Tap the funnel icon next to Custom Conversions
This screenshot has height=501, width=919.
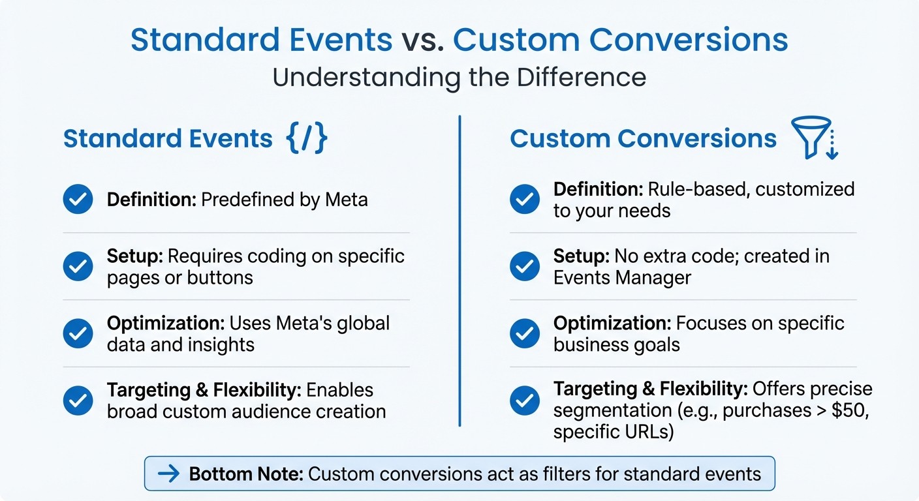813,138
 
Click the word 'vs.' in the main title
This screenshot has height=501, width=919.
422,40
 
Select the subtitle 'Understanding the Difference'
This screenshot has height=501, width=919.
459,77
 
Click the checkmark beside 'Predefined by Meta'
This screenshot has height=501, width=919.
78,199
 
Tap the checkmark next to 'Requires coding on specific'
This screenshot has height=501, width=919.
78,266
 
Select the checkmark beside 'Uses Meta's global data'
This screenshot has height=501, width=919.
78,333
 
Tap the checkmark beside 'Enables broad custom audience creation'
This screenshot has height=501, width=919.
78,401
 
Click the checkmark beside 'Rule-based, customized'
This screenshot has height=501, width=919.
524,199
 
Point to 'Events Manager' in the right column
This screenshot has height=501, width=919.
621,277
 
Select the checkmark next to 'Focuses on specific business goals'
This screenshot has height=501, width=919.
524,333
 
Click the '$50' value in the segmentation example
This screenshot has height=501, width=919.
852,411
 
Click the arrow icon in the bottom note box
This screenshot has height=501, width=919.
168,474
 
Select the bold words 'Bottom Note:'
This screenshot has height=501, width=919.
246,474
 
